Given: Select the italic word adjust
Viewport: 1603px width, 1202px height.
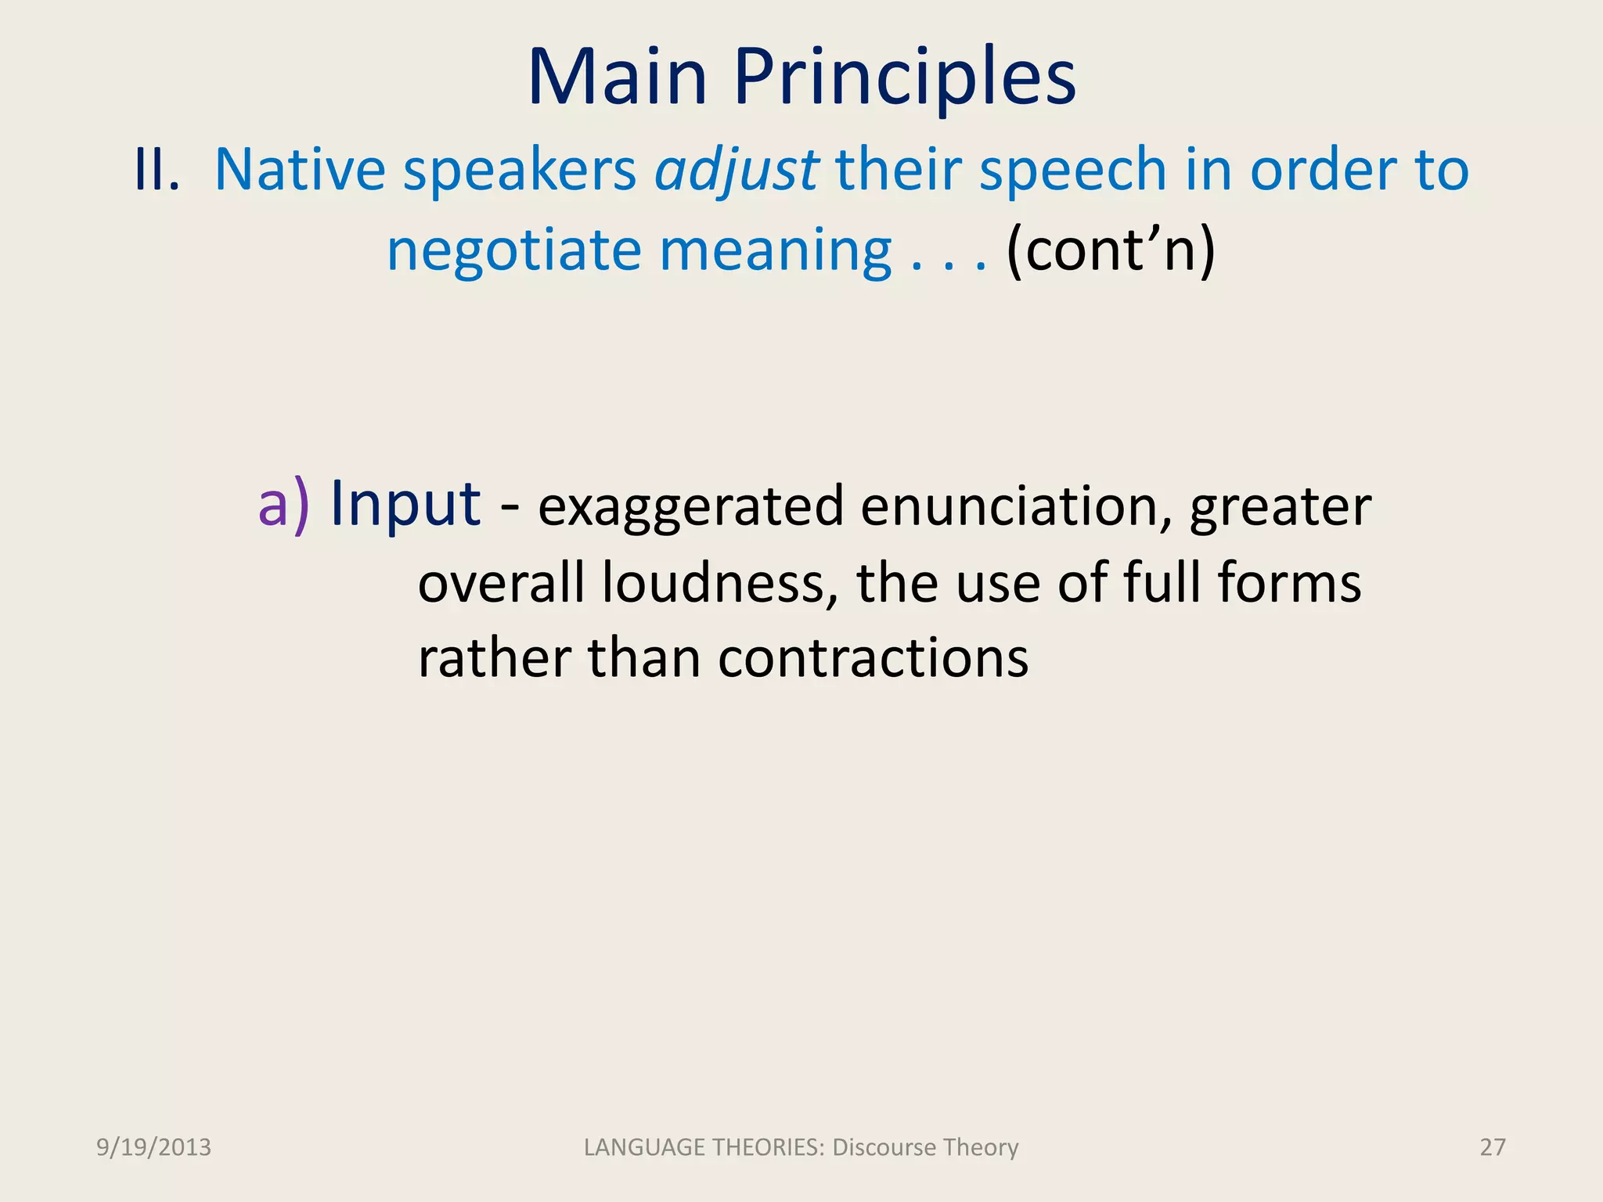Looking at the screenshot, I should [737, 171].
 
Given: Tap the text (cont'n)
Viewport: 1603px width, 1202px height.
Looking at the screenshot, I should [1111, 250].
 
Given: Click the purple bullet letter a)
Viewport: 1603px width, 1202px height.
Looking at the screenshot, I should [283, 505].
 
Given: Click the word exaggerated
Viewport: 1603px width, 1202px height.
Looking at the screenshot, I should [690, 507].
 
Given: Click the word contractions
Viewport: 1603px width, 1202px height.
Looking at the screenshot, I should [873, 658].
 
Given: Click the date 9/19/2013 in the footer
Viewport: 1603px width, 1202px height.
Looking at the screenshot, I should [153, 1147].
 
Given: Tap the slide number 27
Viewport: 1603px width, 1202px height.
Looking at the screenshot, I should [1492, 1147].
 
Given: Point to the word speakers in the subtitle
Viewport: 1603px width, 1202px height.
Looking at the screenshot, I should [520, 171].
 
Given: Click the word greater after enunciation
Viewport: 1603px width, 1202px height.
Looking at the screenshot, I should [1280, 507].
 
